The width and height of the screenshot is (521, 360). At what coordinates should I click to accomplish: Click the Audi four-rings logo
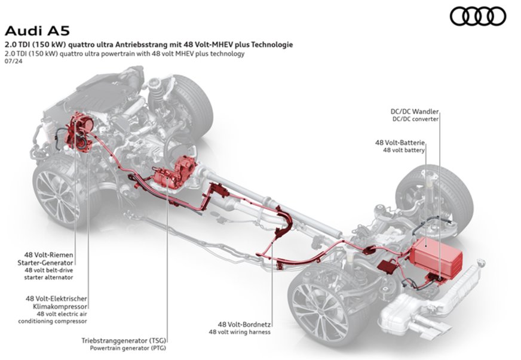click(477, 16)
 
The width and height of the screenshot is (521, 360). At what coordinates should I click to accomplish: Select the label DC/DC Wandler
click(414, 110)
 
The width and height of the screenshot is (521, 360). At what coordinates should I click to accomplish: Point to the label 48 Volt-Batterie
click(400, 143)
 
